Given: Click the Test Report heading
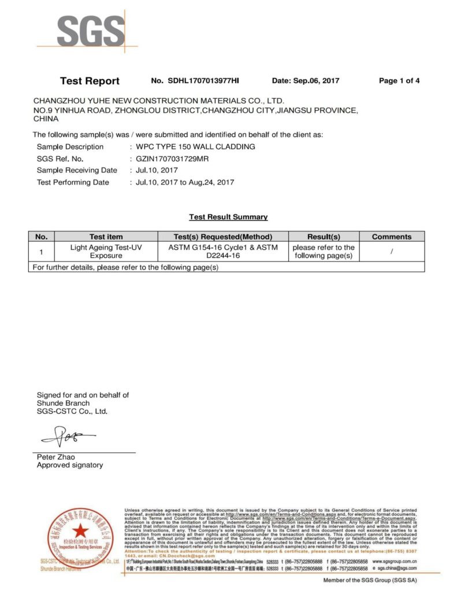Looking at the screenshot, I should click(x=90, y=81).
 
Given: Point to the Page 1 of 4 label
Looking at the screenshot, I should click(x=399, y=81).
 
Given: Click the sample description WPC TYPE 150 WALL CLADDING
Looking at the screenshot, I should click(x=195, y=147).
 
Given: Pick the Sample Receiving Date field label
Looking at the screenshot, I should click(x=77, y=170).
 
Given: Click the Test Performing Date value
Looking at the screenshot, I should click(x=184, y=182).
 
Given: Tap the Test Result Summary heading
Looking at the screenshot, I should click(x=228, y=217).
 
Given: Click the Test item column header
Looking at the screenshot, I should click(x=106, y=237).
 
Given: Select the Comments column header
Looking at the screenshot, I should click(x=391, y=237).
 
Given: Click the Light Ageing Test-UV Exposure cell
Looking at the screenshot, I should click(x=106, y=251).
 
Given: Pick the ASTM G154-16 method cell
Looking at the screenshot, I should click(x=222, y=251).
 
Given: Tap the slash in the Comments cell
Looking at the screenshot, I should click(x=391, y=251).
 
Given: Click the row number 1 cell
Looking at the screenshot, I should click(x=41, y=252).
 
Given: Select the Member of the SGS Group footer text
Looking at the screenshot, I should click(x=369, y=580).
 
